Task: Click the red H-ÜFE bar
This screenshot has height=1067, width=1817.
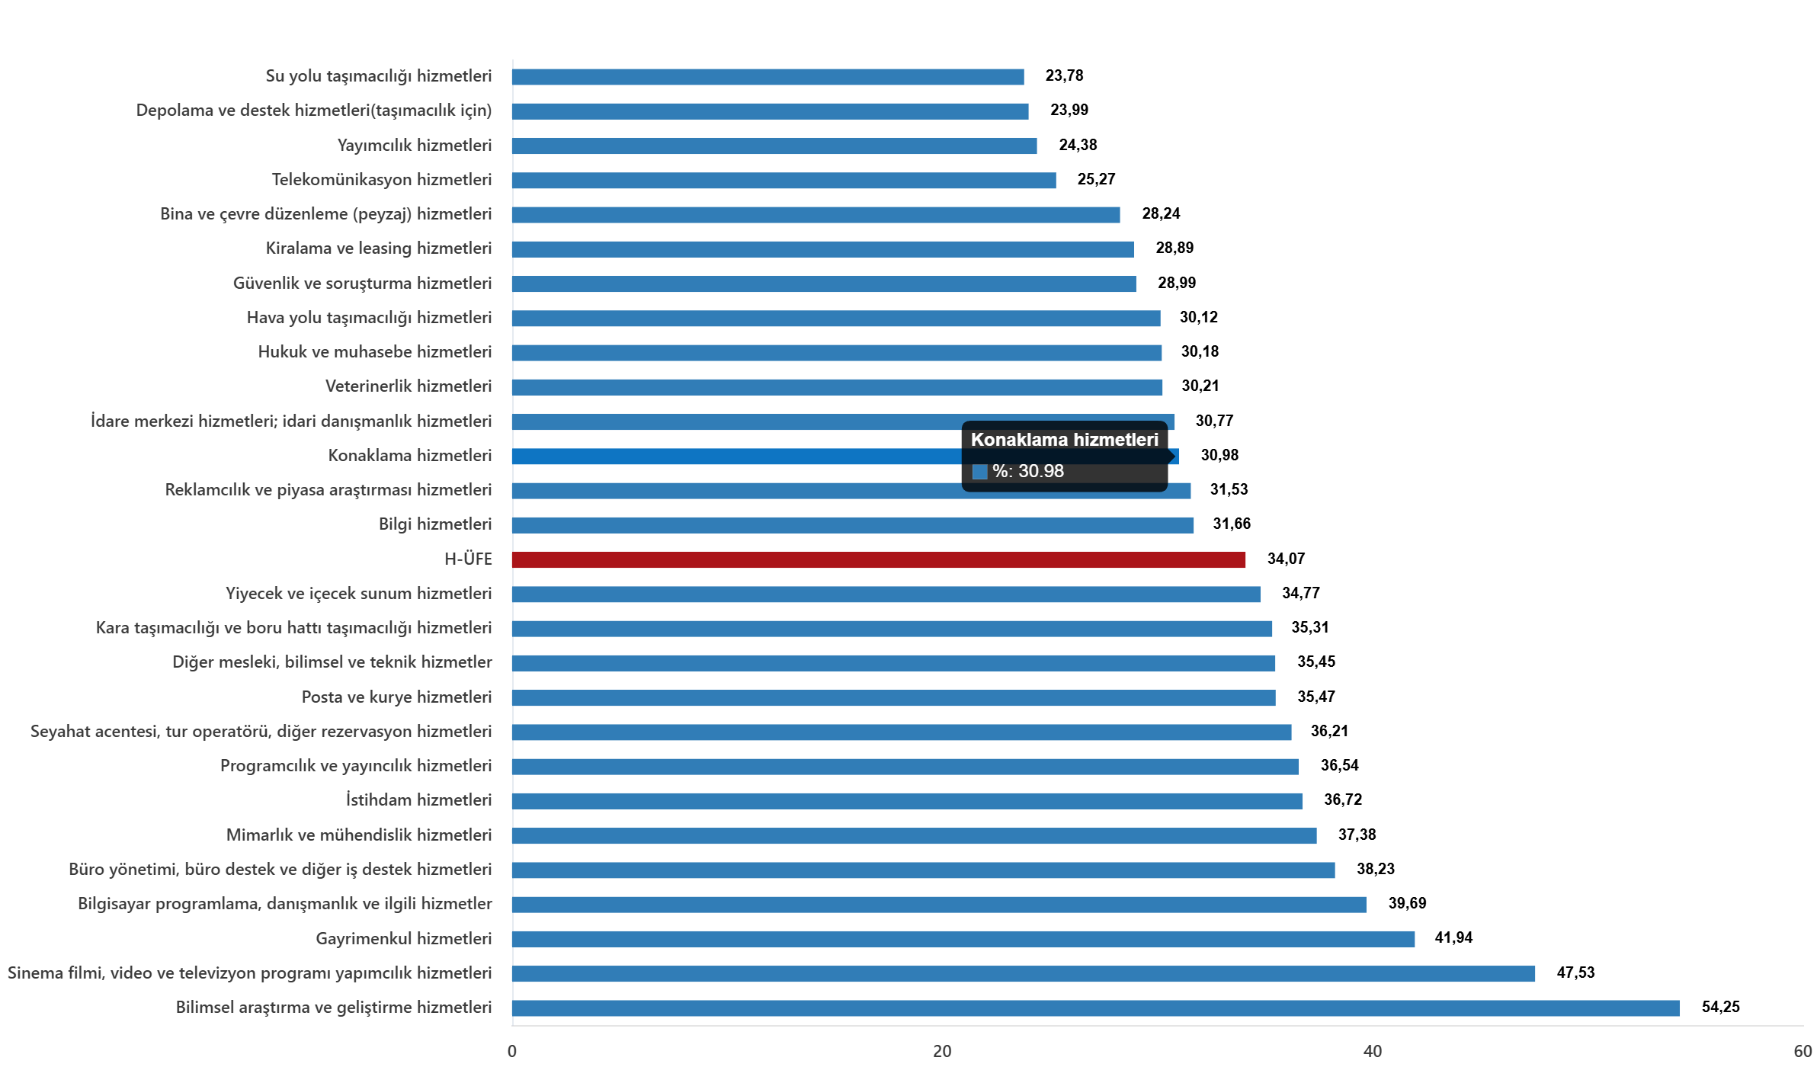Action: [x=878, y=560]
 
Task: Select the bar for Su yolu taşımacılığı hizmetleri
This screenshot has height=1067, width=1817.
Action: [x=767, y=77]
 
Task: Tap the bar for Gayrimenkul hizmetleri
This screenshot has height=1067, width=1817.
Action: [x=963, y=939]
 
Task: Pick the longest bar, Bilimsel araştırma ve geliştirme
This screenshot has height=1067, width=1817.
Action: [x=1095, y=1008]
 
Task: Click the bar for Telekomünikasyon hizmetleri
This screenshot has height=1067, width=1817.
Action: [x=784, y=181]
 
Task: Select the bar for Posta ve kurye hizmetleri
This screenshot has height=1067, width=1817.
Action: [x=893, y=698]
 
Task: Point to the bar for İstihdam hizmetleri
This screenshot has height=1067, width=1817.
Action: [x=907, y=801]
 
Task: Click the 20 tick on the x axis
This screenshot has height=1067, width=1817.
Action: [x=942, y=1051]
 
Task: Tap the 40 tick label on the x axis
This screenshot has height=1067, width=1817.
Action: [x=1372, y=1051]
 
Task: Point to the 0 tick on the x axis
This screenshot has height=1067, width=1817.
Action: [x=511, y=1051]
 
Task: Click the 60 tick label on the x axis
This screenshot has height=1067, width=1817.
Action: [x=1802, y=1051]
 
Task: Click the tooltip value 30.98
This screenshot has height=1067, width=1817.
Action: [x=1040, y=471]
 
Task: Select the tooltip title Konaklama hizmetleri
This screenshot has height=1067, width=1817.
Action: [x=1064, y=440]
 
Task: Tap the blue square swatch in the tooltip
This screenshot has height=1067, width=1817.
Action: [x=980, y=472]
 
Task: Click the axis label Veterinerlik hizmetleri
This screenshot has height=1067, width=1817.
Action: [x=409, y=386]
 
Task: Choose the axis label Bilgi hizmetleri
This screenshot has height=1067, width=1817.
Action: [x=435, y=524]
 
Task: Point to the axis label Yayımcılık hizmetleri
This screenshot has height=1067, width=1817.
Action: [x=415, y=145]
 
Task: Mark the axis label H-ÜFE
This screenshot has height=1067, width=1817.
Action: [x=468, y=559]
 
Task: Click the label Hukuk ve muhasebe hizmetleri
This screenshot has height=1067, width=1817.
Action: [x=375, y=352]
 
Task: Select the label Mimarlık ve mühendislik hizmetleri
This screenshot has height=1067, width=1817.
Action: [x=359, y=835]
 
